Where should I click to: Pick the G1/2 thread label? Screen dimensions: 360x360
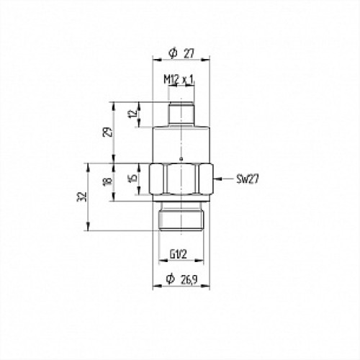(x=179, y=254)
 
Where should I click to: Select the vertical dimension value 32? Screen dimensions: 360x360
(x=84, y=196)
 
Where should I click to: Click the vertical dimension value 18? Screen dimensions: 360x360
(x=108, y=182)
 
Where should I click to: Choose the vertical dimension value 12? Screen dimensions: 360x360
(x=132, y=114)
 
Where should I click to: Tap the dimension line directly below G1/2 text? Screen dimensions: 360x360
(x=180, y=263)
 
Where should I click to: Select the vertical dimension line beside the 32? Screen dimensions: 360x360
(x=89, y=216)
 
